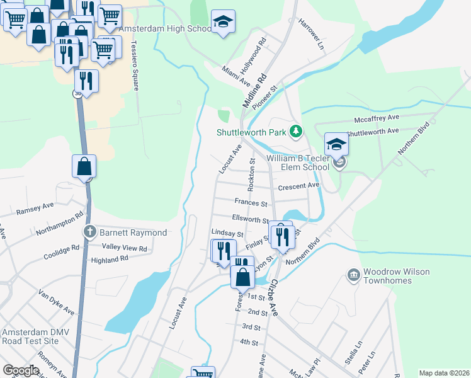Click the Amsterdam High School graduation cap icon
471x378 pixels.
pos(223,22)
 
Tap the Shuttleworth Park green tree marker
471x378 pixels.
pos(295,132)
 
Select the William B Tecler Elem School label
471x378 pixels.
pos(297,163)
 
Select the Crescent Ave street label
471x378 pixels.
pos(299,186)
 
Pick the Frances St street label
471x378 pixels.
pos(251,203)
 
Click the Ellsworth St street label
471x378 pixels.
pos(251,219)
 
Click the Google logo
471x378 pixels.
pos(21,370)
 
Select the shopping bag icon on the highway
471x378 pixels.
pos(84,167)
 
